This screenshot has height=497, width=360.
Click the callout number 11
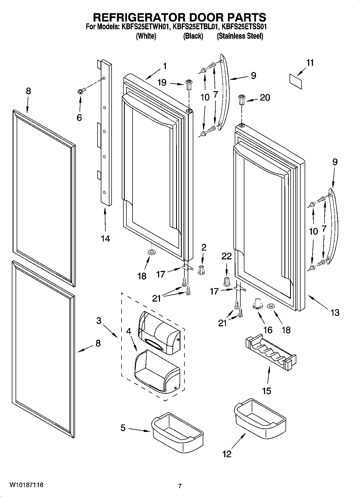(x=310, y=63)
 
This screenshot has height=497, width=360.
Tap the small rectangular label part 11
(x=295, y=82)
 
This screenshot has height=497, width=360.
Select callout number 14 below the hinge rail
(x=105, y=238)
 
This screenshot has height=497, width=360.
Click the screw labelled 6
(x=81, y=91)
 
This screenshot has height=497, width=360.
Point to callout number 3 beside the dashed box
(x=99, y=321)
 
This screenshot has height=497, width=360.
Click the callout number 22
(x=226, y=256)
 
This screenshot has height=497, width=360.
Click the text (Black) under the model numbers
(x=193, y=36)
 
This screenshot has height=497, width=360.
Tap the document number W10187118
(x=26, y=485)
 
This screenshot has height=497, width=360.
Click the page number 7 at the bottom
(x=180, y=486)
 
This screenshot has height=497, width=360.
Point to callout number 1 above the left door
(x=165, y=66)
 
